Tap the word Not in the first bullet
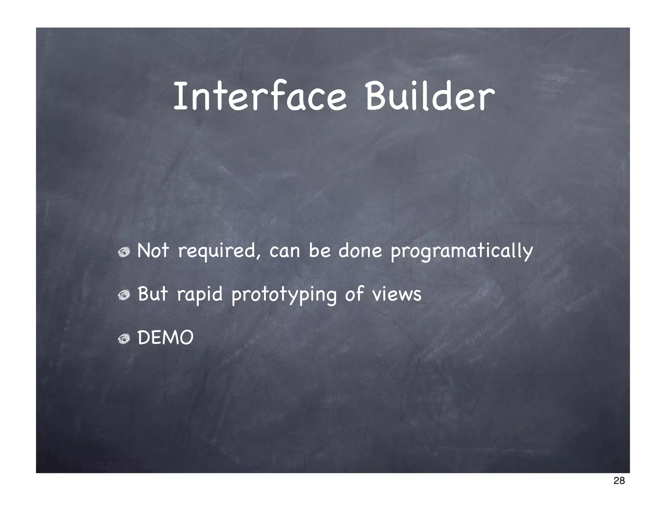click(x=153, y=251)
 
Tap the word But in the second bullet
click(x=153, y=294)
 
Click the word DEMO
click(x=166, y=338)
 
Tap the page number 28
click(x=619, y=489)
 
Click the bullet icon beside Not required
click(x=124, y=252)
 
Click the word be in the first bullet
click(x=319, y=251)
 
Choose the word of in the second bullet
click(x=354, y=294)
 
